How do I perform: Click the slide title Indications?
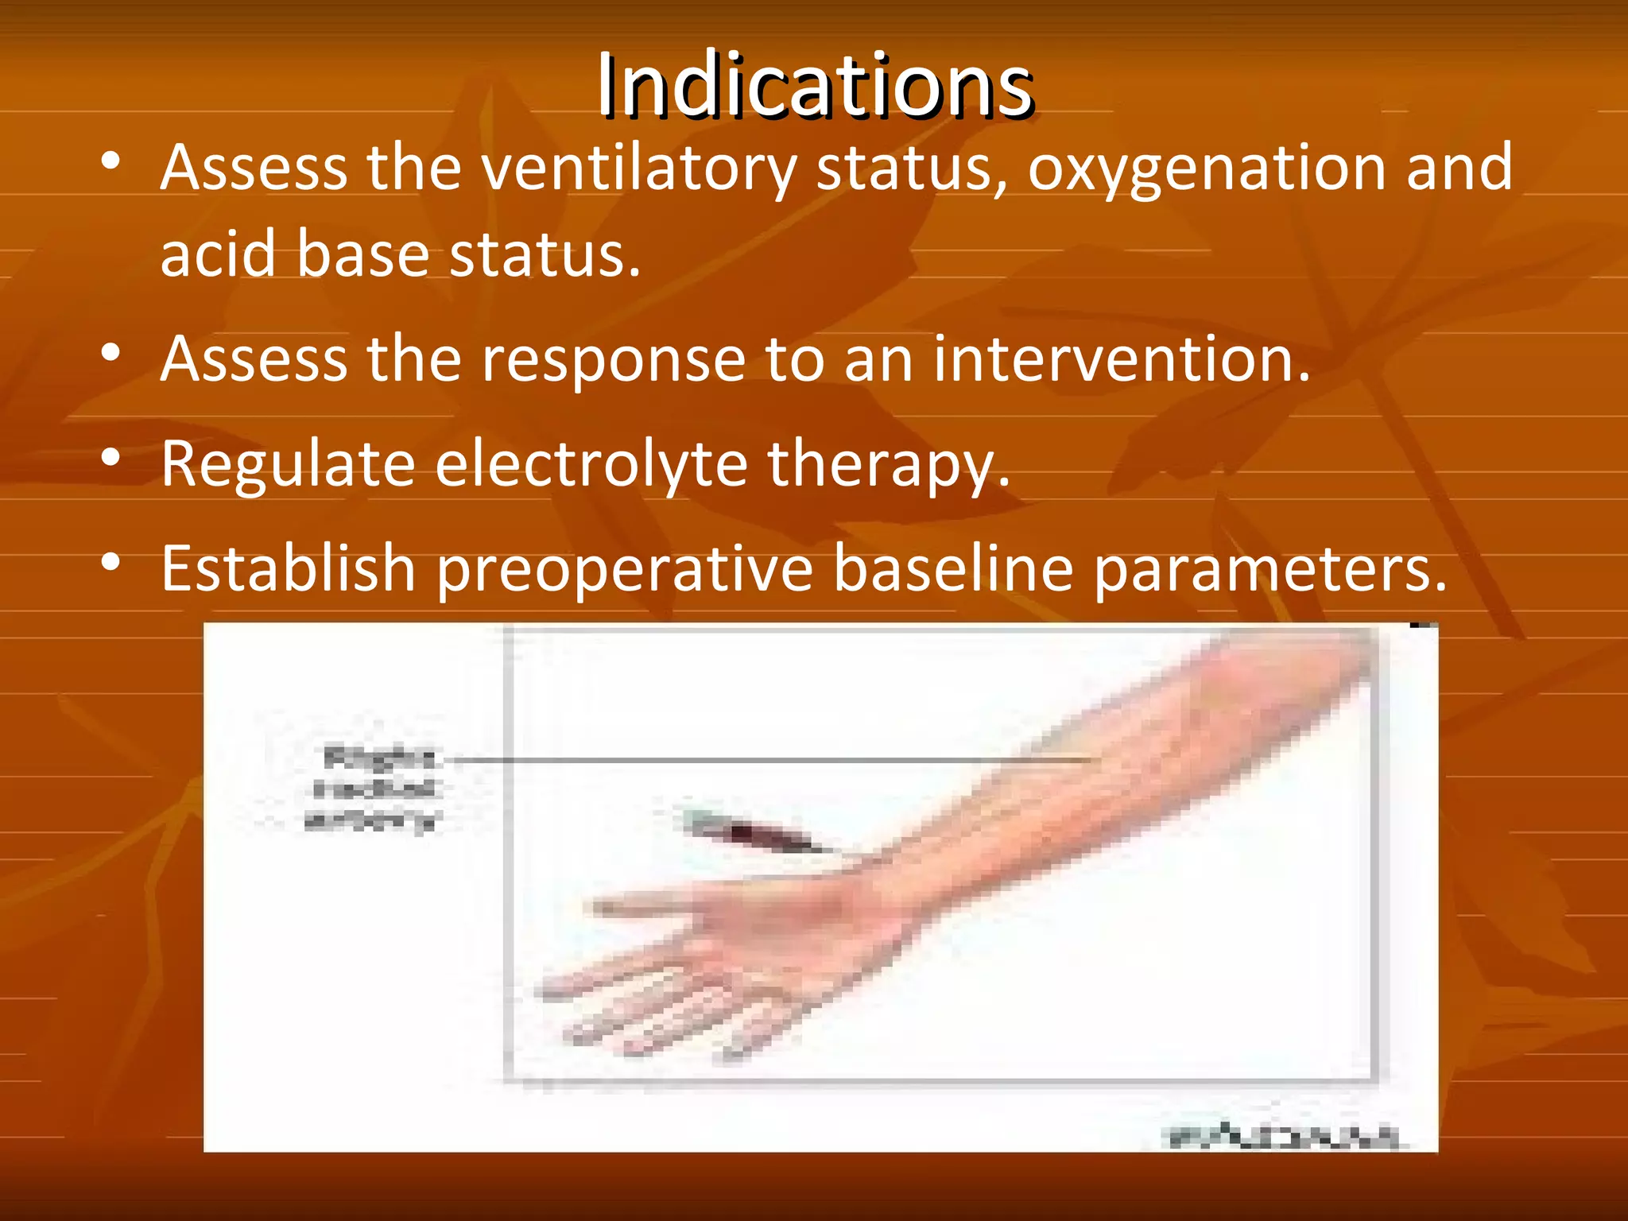815,86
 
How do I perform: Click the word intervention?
1121,359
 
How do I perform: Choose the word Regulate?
288,465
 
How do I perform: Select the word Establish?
288,569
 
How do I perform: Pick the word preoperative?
625,571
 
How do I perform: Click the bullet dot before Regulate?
110,459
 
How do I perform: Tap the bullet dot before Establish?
110,563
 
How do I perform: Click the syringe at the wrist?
755,832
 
